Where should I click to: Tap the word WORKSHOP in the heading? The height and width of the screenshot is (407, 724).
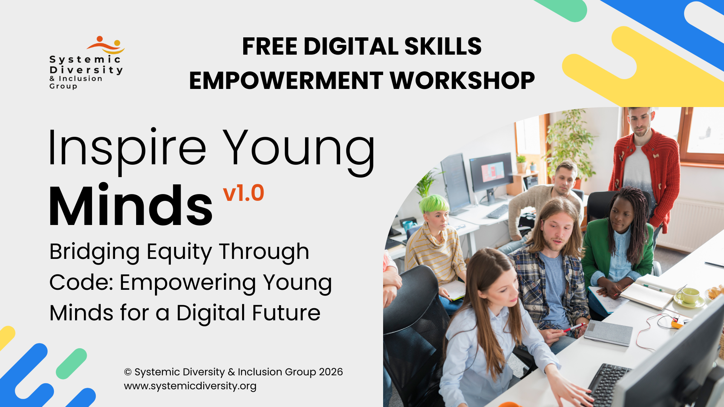coord(462,80)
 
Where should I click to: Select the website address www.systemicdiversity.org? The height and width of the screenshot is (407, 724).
coord(190,386)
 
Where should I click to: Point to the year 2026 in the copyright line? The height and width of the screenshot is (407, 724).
coord(331,372)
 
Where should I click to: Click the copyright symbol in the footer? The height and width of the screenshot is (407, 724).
coord(128,372)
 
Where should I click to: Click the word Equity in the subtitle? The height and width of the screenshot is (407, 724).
coord(179,253)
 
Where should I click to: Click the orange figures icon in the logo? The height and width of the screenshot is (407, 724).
coord(105,45)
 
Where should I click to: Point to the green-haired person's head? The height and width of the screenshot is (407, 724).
coord(436,211)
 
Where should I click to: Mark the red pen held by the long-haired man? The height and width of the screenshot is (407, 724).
coord(574,327)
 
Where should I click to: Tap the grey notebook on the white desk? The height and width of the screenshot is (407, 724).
coord(608,333)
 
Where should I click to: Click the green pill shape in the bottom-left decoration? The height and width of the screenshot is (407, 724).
coord(71,364)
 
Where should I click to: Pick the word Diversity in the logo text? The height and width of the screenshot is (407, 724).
coord(86,70)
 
